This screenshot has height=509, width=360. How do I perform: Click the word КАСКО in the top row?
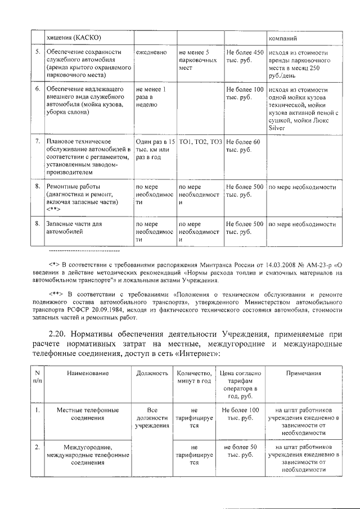(x=85, y=37)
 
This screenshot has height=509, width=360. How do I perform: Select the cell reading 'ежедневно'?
(x=151, y=52)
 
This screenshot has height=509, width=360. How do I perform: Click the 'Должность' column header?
(x=152, y=373)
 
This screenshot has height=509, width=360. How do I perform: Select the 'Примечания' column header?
(x=303, y=373)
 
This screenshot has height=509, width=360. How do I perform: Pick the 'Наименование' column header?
(x=87, y=373)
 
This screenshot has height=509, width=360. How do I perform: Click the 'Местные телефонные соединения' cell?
(x=87, y=414)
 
